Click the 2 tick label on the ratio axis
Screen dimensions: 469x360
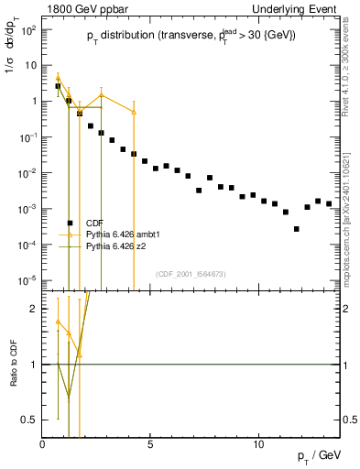tap(33, 309)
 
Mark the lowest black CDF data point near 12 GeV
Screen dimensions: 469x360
tap(296, 229)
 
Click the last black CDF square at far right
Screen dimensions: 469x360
tap(329, 203)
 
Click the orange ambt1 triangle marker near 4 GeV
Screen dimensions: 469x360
tap(134, 112)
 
